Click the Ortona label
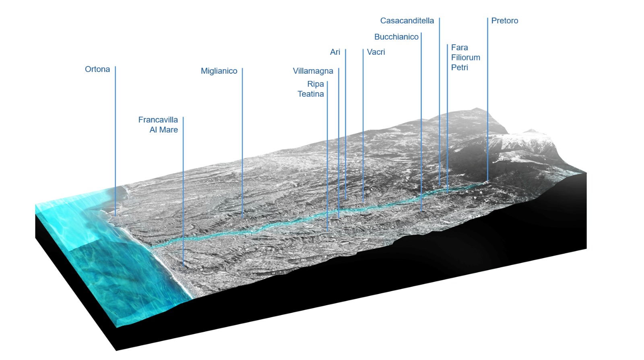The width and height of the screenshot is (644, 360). click(x=97, y=69)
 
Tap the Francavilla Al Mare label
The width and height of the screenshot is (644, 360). click(x=158, y=125)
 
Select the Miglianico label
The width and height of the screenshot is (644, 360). click(x=219, y=71)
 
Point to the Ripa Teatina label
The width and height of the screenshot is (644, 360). click(x=311, y=89)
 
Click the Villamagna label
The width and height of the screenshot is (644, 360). click(x=313, y=71)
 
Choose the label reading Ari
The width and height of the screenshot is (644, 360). click(x=335, y=52)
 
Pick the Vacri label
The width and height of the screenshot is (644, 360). click(x=376, y=52)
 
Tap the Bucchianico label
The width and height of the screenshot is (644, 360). click(x=396, y=37)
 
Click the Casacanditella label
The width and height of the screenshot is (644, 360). click(x=407, y=21)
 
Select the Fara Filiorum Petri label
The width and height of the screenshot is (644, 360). click(x=465, y=58)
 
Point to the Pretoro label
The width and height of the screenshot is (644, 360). click(x=504, y=21)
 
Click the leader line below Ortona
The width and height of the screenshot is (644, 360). click(x=116, y=141)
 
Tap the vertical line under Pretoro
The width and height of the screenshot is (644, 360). click(x=487, y=101)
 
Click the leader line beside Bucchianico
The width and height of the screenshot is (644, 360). click(x=421, y=121)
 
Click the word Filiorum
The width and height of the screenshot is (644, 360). click(x=466, y=58)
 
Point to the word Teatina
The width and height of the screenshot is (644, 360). click(x=311, y=94)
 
